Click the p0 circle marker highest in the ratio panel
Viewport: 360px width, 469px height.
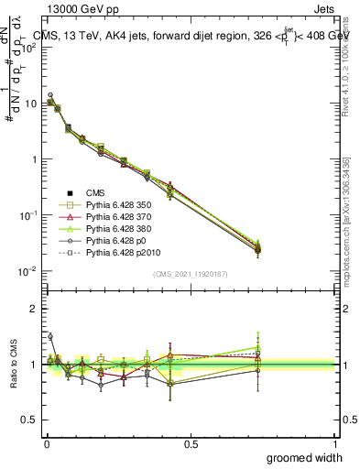click(49, 336)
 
